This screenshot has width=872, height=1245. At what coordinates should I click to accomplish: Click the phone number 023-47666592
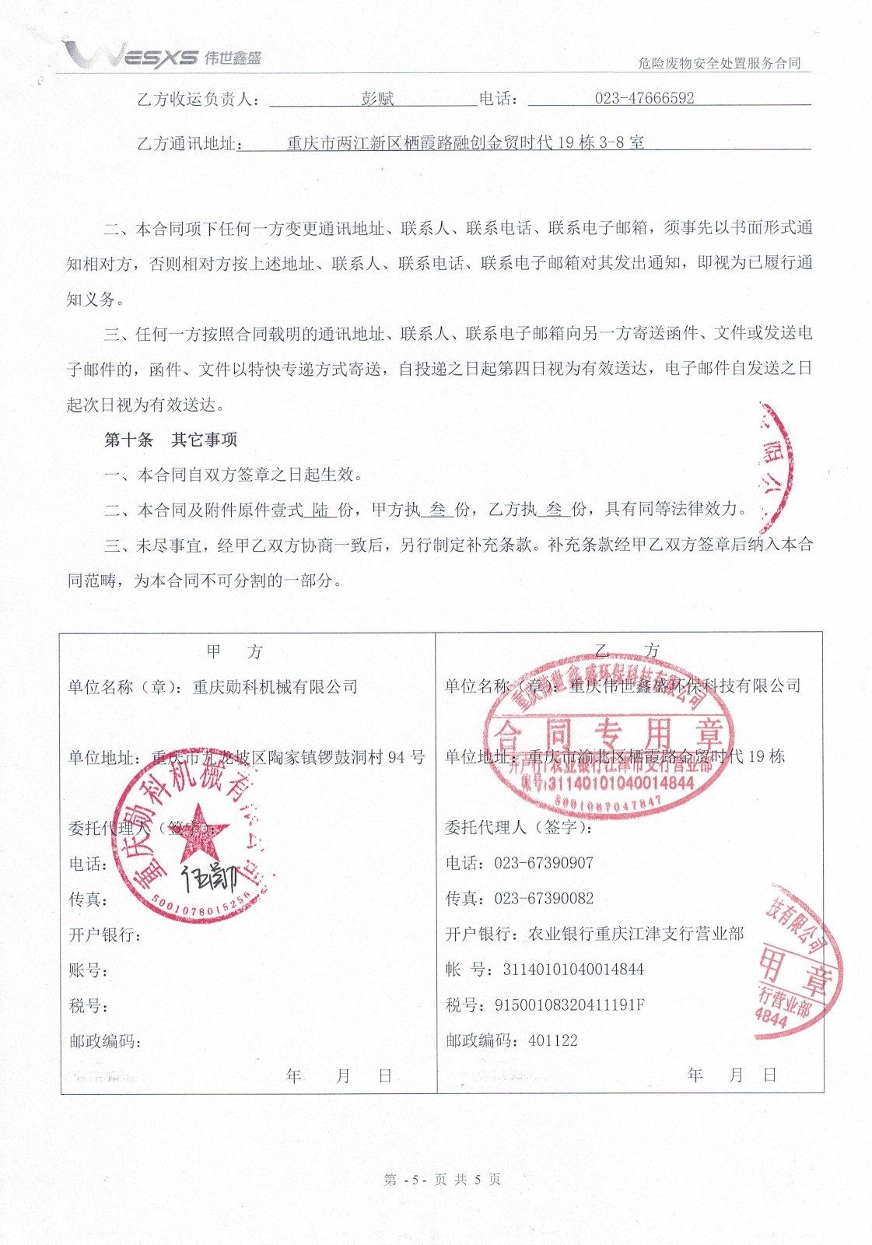(644, 98)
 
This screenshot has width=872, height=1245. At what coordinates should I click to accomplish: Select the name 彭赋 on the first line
(377, 99)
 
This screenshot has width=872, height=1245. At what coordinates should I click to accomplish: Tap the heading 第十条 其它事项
(171, 440)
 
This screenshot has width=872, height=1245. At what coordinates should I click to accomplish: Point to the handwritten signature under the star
(208, 877)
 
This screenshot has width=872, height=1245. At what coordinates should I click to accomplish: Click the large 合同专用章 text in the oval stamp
(608, 733)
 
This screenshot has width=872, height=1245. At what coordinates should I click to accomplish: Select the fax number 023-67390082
(544, 899)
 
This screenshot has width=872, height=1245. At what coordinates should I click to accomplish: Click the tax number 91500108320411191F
(569, 1005)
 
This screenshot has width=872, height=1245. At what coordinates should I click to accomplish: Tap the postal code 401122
(553, 1041)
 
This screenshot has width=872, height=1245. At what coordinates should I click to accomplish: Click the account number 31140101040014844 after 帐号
(573, 970)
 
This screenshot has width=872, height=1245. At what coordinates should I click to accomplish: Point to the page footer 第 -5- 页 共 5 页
(442, 1180)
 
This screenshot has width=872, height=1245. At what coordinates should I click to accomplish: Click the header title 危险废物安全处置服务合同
(719, 63)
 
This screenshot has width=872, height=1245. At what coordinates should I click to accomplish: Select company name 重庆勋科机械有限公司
(275, 687)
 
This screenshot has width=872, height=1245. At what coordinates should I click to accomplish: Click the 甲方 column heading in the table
(235, 652)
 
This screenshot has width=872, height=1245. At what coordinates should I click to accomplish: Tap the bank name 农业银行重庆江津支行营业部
(636, 934)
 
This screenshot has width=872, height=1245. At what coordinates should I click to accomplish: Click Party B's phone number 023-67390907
(544, 863)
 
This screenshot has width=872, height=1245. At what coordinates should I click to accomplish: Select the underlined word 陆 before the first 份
(320, 510)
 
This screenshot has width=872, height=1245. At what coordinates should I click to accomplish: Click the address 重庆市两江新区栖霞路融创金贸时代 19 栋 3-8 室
(465, 142)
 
